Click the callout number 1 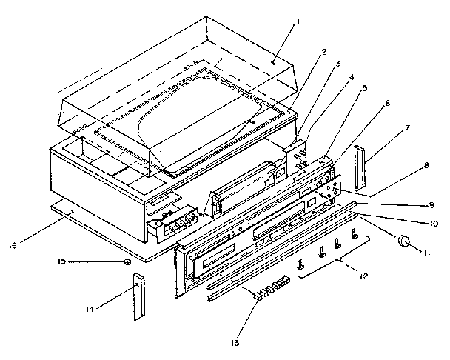click(x=297, y=21)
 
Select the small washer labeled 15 click(x=128, y=262)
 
